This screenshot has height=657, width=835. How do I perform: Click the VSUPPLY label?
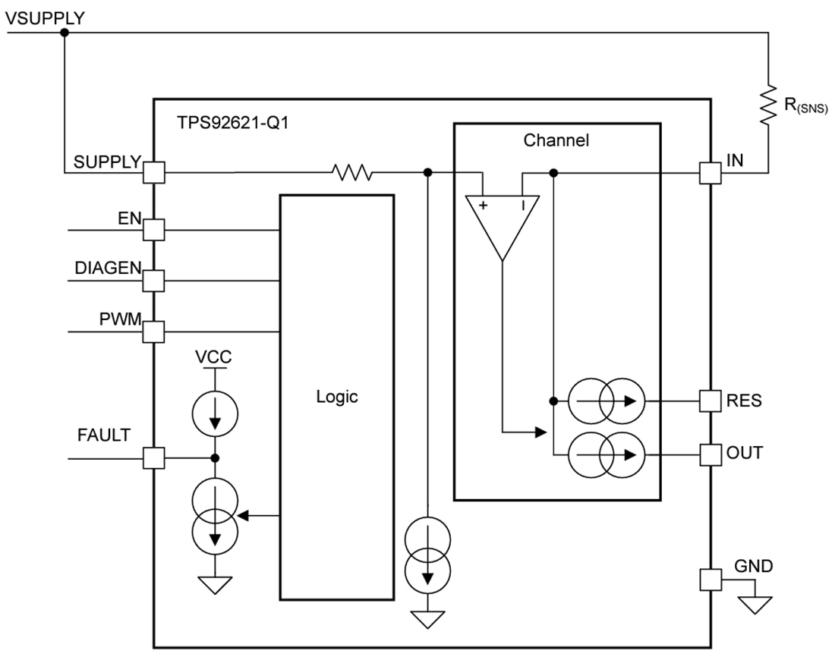click(45, 17)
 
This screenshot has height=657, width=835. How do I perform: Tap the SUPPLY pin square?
click(154, 173)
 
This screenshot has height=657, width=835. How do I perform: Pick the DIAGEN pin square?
click(154, 281)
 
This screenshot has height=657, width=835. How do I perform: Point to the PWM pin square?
click(154, 332)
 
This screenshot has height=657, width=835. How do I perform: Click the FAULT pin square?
click(154, 458)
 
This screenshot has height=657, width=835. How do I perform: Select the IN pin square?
click(710, 173)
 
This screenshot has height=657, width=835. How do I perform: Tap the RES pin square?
click(710, 400)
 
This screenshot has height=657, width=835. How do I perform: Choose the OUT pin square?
click(710, 454)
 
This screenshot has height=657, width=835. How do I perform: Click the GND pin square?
click(710, 580)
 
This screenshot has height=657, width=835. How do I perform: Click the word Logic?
click(336, 397)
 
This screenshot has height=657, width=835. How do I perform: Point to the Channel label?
click(556, 140)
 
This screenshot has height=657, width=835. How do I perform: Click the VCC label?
click(215, 357)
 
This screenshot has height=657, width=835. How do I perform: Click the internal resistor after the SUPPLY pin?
click(351, 173)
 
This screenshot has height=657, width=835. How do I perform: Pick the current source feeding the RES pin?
click(606, 400)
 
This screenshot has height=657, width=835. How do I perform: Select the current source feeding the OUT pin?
click(606, 454)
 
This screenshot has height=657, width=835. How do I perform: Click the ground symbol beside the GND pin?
click(756, 603)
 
